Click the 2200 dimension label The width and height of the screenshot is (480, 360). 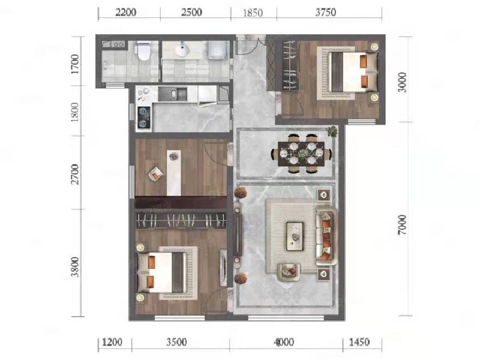point(126,13)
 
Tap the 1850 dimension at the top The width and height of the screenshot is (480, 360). point(253,13)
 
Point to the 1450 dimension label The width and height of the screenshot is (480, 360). point(359,342)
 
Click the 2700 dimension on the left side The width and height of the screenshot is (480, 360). point(74,174)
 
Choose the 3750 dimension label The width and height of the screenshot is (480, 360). point(326,13)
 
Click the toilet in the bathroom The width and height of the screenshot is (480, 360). point(143,51)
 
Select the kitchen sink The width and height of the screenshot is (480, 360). point(173,94)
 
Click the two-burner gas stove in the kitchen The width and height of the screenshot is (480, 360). point(143,116)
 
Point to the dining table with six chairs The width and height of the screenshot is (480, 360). point(301,154)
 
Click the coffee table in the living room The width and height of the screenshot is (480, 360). point(295,236)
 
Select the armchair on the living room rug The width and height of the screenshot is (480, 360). point(289,272)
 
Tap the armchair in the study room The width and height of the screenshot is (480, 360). point(156,174)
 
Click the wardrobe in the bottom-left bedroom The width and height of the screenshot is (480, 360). point(181,220)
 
